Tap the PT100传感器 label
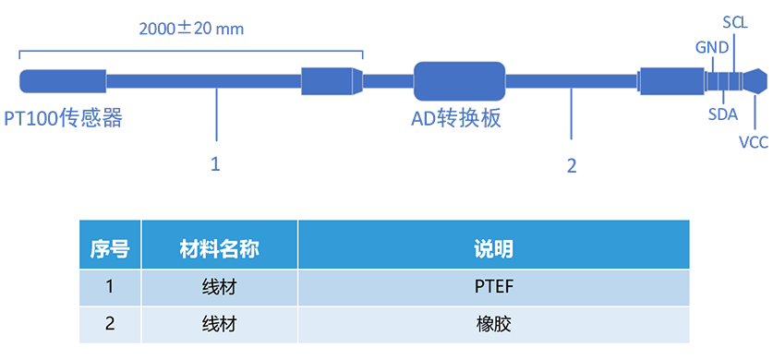coord(63,118)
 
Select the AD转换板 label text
coord(456,118)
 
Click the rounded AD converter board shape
coord(459,81)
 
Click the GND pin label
coord(711,47)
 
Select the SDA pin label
coord(723,114)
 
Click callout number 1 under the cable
coord(215,164)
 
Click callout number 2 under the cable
coord(572,166)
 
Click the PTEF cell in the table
coord(493,286)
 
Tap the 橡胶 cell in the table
coord(493,324)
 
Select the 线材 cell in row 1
coord(219,286)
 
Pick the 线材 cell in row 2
coord(219,324)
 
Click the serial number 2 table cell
coord(109,324)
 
